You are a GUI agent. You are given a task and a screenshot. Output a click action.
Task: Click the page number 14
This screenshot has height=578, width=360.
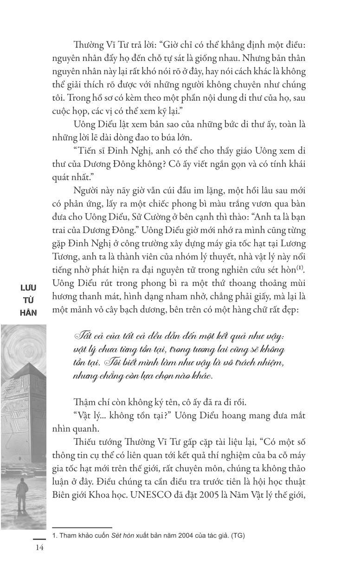coord(39,548)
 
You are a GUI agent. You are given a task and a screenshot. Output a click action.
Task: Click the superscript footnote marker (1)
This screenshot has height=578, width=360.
coord(301,267)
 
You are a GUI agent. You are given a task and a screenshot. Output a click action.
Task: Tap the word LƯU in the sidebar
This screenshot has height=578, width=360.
coord(28,288)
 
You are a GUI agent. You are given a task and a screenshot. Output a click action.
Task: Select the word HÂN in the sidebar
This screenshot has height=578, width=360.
coord(28,312)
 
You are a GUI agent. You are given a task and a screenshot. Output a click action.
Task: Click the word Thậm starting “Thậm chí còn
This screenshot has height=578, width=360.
coord(86,402)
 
